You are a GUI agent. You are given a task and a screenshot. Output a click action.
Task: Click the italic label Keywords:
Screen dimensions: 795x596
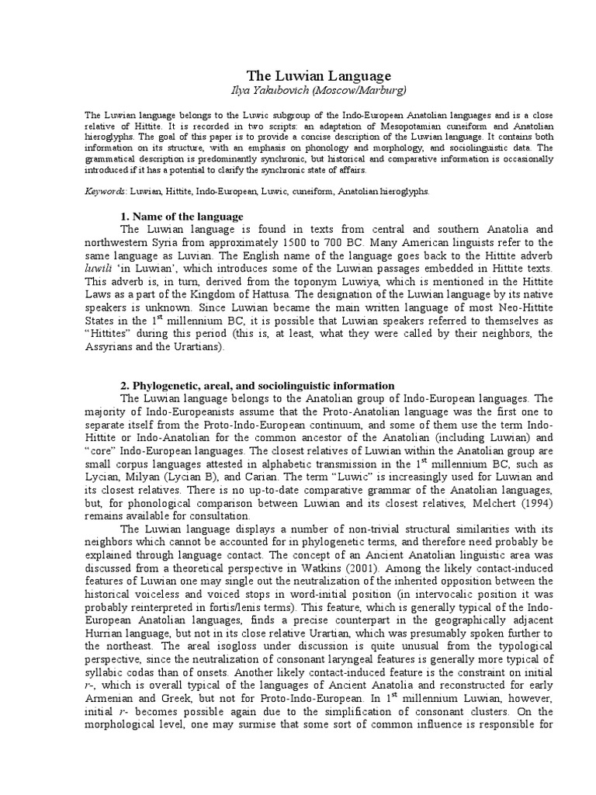(x=105, y=190)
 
